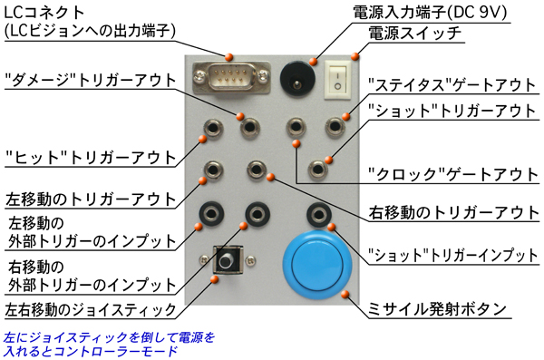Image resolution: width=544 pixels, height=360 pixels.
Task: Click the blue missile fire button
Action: [317, 265]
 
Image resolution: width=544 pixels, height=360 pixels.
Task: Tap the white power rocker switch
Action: [337, 80]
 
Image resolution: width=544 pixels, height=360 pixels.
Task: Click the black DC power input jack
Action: [297, 80]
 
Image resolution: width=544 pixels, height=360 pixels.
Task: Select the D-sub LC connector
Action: [231, 78]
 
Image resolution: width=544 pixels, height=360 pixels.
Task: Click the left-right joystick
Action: [228, 259]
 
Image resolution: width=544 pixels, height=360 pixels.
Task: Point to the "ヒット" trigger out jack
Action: [213, 128]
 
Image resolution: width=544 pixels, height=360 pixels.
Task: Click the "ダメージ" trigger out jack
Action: [250, 128]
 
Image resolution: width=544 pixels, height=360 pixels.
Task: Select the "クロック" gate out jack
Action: [296, 128]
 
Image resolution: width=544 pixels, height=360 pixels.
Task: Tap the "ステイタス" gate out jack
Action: [335, 127]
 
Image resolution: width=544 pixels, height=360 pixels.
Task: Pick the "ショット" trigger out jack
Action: [318, 170]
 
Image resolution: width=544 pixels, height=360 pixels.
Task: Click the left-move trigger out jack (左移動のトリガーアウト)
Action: [213, 170]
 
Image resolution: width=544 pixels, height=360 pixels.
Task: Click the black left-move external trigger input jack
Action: [211, 214]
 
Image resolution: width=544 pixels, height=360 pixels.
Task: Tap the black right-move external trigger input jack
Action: [257, 214]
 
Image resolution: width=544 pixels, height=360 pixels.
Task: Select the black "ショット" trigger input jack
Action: [319, 214]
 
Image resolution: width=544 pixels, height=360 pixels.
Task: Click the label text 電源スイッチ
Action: [414, 34]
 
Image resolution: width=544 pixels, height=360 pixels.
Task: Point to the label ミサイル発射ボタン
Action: [437, 309]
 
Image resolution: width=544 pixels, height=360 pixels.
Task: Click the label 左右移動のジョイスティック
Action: [90, 309]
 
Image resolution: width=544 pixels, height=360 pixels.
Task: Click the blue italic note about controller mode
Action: [110, 345]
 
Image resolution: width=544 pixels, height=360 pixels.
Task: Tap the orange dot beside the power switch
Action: [355, 56]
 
